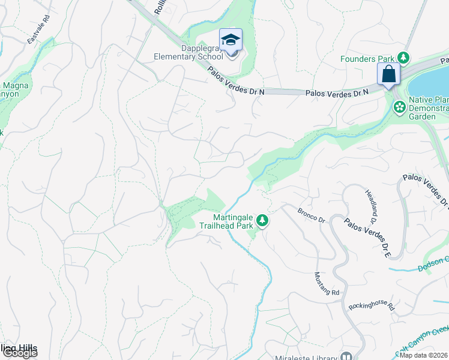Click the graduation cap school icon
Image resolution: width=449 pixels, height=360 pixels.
point(231,40)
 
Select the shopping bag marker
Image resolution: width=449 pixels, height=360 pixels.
point(388,75)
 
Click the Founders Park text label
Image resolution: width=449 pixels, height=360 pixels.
point(367,59)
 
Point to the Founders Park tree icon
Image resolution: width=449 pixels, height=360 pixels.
point(404,58)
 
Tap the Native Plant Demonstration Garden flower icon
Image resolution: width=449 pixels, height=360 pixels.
point(399,107)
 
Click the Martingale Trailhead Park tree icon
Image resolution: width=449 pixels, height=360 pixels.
point(262,221)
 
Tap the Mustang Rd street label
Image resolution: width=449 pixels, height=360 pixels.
point(327,283)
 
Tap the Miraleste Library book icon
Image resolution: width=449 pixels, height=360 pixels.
point(346,356)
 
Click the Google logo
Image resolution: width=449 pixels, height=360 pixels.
point(19,353)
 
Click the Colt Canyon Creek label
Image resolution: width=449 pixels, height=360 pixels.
point(423,340)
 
